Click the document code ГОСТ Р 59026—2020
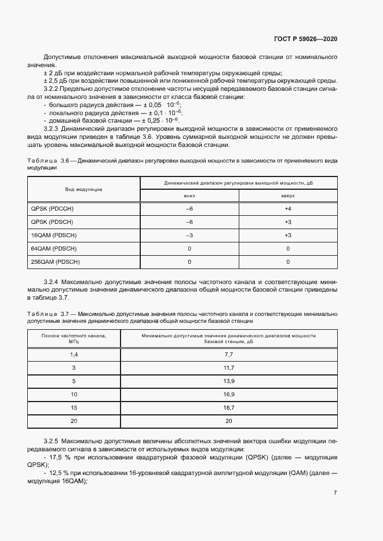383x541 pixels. (x=305, y=39)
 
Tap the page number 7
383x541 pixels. (x=335, y=493)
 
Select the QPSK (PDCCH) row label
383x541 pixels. (x=53, y=208)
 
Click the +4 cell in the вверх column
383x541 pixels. (x=288, y=208)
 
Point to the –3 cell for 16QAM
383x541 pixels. (x=189, y=235)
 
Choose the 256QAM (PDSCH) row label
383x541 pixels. (x=55, y=262)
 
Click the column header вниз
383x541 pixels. (x=189, y=196)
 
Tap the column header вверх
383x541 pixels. (x=288, y=196)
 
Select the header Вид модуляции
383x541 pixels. (x=83, y=189)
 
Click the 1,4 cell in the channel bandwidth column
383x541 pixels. (x=74, y=354)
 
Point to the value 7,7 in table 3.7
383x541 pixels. (x=228, y=354)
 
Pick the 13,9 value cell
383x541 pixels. (x=228, y=380)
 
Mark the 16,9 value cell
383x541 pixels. (x=228, y=393)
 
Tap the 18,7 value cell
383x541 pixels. (x=228, y=407)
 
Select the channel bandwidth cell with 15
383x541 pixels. (x=74, y=407)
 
